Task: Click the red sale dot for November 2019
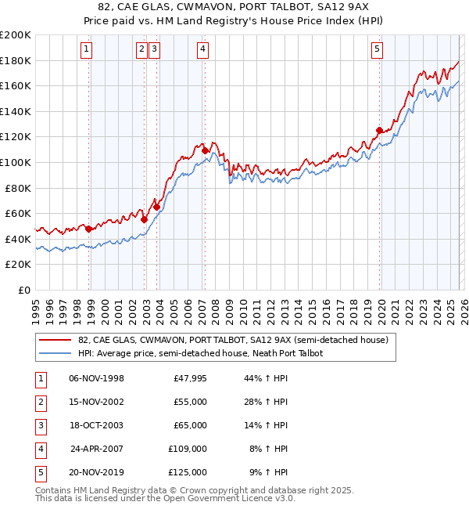[x=379, y=130]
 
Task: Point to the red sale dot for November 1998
[x=89, y=229]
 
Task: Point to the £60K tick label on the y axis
[x=18, y=213]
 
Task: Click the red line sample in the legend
[x=55, y=340]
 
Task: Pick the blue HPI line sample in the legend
[x=55, y=353]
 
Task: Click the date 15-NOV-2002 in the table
[x=96, y=402]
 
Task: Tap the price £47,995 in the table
[x=188, y=378]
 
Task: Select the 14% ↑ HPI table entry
[x=267, y=425]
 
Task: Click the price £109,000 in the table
[x=188, y=449]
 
